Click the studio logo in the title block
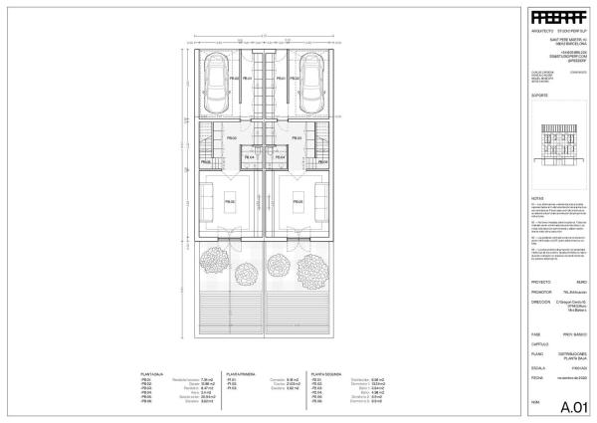coord(556,18)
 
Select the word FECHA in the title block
coord(536,378)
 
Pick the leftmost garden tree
coord(214,263)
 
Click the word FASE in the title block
coord(534,333)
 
